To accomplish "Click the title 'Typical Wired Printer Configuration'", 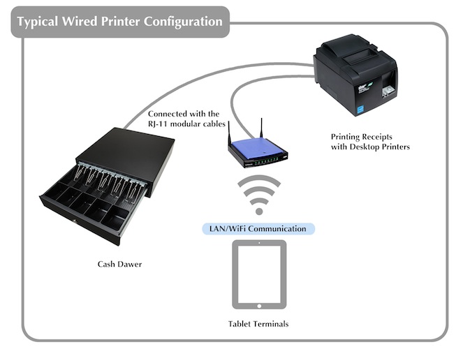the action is [120, 22].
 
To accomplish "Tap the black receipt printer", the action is [355, 75].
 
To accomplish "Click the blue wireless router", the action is [258, 151].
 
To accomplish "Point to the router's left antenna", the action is [229, 133].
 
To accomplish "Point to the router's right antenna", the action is [261, 128].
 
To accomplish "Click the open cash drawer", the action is [107, 186].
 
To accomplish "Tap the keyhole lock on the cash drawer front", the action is [75, 221].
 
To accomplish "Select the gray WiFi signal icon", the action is [259, 195].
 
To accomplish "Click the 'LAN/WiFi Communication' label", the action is [258, 229].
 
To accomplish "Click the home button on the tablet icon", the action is [259, 306].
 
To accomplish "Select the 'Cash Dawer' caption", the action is [119, 264].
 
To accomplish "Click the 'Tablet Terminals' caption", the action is [258, 324].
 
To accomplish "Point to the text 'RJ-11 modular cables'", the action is [186, 124].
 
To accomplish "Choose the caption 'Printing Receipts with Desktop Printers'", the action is [370, 142].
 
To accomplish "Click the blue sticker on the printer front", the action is [359, 110].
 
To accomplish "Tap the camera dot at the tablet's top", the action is [259, 243].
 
